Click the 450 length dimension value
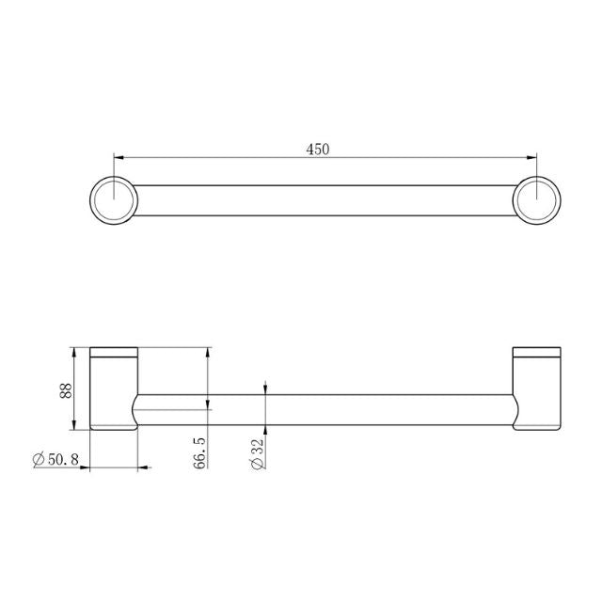tap(317, 148)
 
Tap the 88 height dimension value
tap(66, 390)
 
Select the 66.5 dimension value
tap(200, 451)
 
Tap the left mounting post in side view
tap(114, 395)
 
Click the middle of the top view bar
tap(325, 198)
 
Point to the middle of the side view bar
tap(325, 410)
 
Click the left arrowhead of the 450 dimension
tap(119, 157)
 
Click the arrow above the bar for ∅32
tap(266, 388)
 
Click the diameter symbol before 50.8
tap(38, 459)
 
